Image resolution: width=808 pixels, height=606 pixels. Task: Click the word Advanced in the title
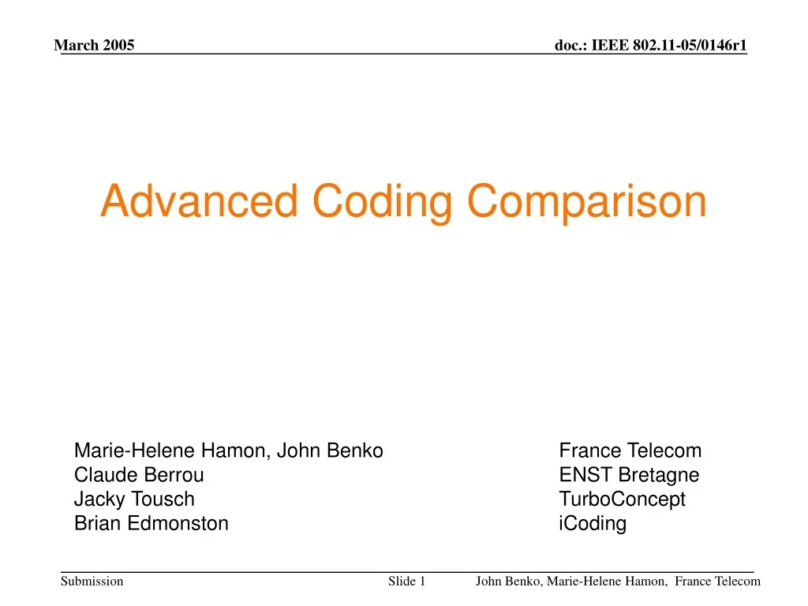(x=199, y=201)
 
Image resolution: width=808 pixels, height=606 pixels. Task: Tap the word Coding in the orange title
(x=381, y=203)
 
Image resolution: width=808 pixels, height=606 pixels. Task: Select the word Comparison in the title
(x=586, y=203)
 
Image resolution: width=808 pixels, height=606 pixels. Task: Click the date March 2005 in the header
(x=94, y=45)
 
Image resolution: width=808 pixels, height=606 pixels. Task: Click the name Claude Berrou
(x=139, y=475)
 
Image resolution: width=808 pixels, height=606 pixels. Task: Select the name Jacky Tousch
(x=134, y=499)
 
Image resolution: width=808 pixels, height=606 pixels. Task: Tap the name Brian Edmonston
(x=151, y=523)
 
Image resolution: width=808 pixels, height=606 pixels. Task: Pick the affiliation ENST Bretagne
(x=629, y=475)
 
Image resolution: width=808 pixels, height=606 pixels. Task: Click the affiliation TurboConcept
(x=623, y=499)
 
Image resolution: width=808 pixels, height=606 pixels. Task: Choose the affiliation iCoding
(x=593, y=523)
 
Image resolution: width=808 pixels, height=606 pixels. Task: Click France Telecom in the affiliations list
(x=630, y=451)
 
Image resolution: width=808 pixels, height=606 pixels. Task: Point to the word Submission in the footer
(x=92, y=582)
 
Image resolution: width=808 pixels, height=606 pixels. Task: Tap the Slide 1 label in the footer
(x=407, y=582)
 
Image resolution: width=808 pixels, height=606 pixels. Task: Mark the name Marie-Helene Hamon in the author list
(x=171, y=451)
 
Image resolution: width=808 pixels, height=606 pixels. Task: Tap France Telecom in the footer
(x=717, y=582)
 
